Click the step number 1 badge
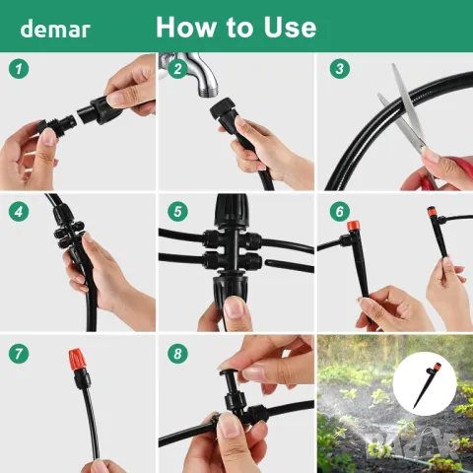point(19,69)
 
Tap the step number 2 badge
point(177,69)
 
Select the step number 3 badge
point(340,69)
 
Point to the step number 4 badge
point(19,212)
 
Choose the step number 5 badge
point(177,212)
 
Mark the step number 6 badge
point(340,212)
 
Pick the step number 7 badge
point(19,354)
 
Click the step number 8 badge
point(177,354)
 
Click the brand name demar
point(55,29)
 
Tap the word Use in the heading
point(290,27)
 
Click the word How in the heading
point(185,27)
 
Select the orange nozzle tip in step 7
point(78,359)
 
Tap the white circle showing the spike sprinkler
point(425,383)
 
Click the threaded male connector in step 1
point(57,125)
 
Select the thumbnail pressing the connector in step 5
point(235,307)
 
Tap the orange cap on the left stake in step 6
point(354,227)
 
